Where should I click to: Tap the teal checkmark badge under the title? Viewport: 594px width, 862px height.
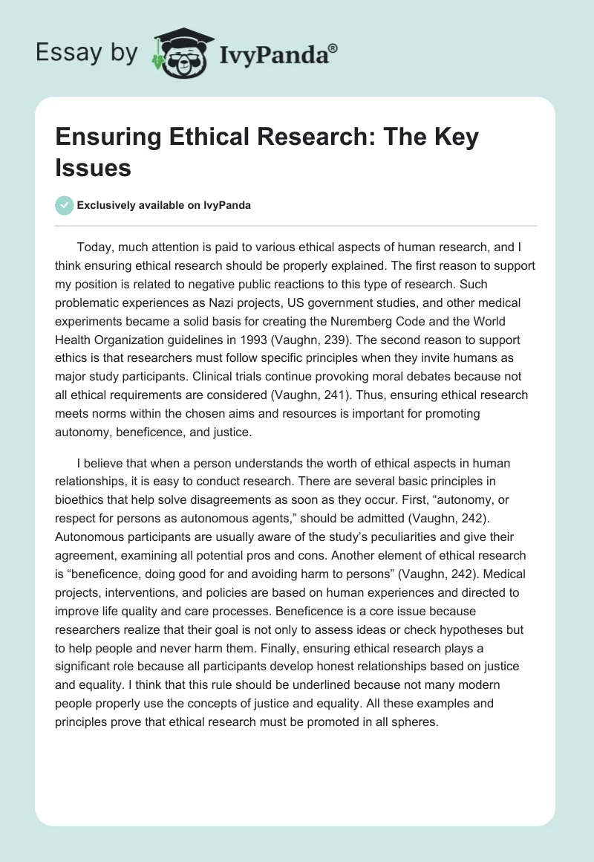coord(65,205)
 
